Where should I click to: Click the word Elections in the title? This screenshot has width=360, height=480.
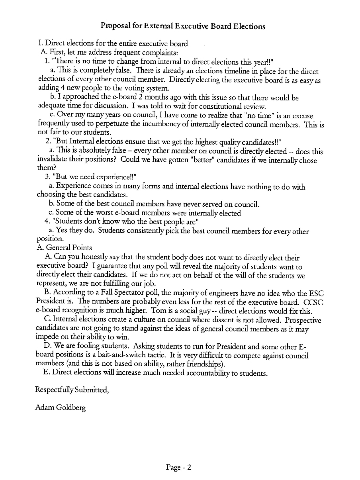249,27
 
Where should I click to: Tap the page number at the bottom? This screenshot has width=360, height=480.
179,467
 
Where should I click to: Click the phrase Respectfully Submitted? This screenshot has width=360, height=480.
72,390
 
